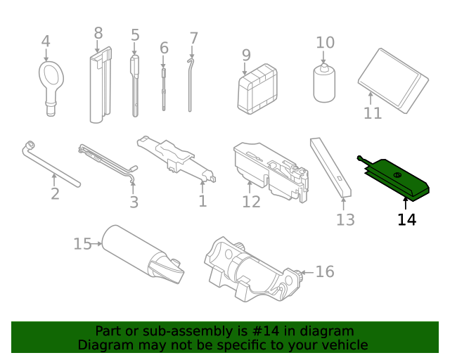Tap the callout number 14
point(406,219)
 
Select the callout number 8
point(98,33)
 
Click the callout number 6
point(164,48)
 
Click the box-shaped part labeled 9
point(257,90)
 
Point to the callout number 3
point(134,202)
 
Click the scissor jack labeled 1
point(176,157)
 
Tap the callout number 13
point(345,219)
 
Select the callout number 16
point(324,271)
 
